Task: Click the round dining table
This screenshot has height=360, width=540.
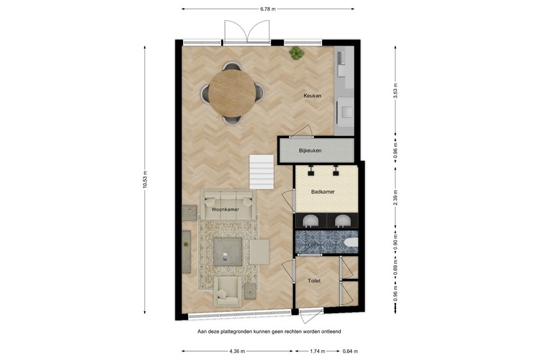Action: [x=232, y=94]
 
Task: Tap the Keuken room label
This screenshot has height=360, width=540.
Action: [x=312, y=96]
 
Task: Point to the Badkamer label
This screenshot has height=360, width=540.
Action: [x=323, y=192]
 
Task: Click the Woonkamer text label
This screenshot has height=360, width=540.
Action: [x=225, y=209]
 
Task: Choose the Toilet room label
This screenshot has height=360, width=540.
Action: [x=314, y=280]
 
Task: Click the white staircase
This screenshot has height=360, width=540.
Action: [x=262, y=170]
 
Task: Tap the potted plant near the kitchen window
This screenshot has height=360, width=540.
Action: [x=296, y=54]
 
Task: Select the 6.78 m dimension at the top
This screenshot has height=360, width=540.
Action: [x=268, y=9]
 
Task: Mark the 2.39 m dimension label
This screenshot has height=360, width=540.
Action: [x=395, y=197]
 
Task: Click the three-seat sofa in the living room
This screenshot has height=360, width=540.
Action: [x=228, y=203]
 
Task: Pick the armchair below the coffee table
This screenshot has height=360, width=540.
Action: [x=228, y=292]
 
